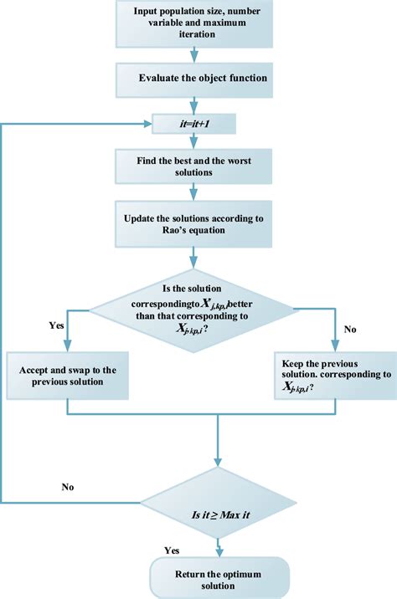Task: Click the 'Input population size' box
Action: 194,24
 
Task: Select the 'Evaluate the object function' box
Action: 194,78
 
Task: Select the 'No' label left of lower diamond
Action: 70,485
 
